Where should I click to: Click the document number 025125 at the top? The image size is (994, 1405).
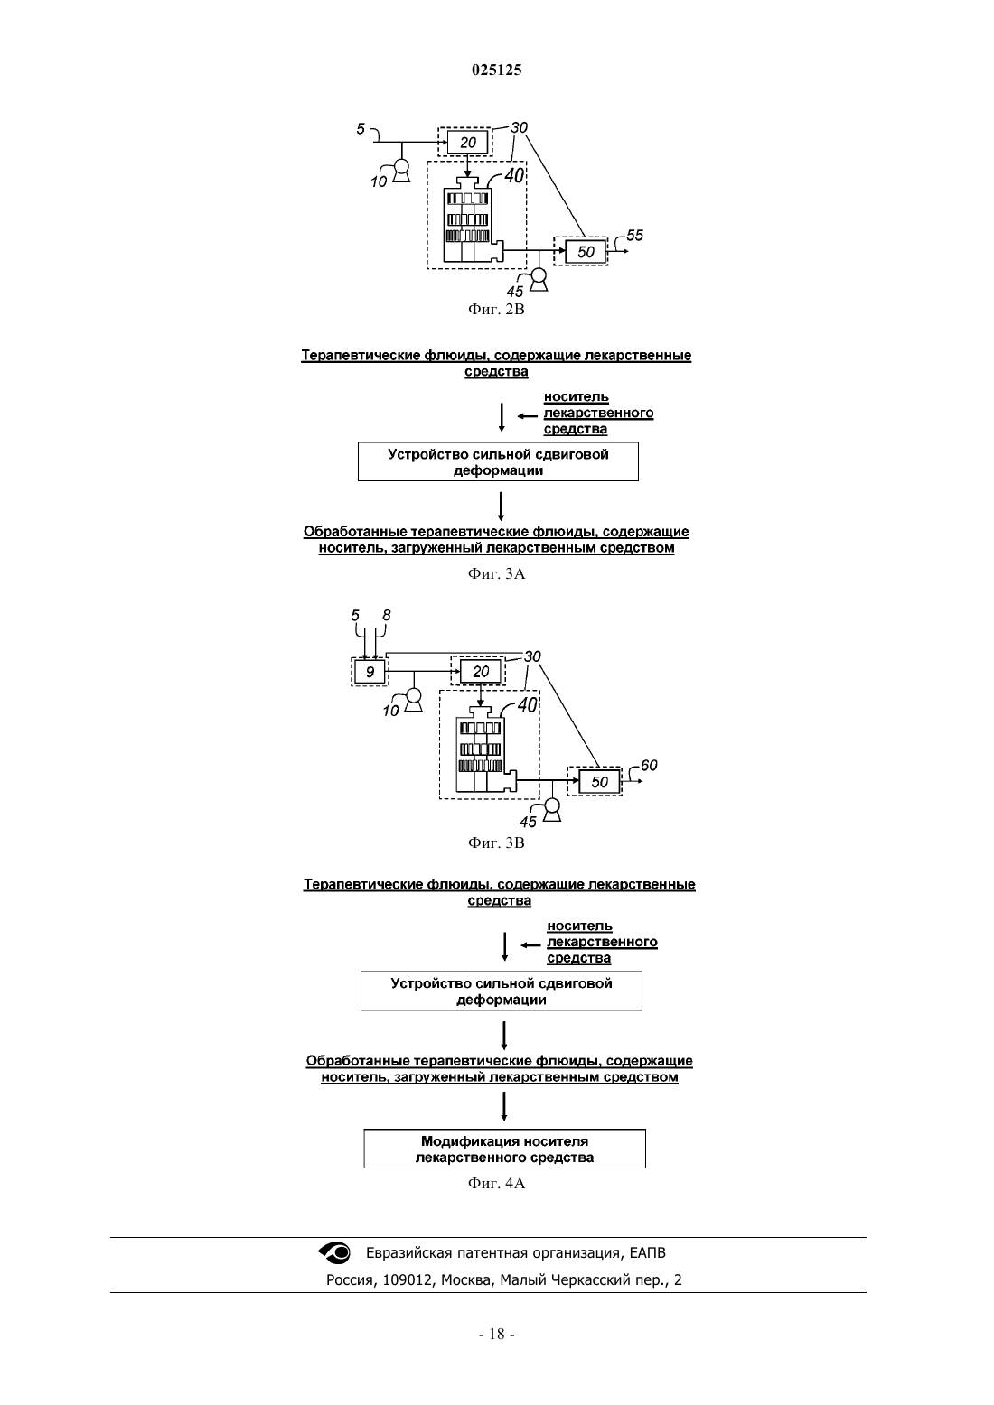(496, 70)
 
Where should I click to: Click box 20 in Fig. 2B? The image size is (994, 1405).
(467, 143)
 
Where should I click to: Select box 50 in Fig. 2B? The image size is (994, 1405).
(585, 252)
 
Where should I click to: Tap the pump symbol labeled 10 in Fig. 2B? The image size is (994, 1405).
(401, 171)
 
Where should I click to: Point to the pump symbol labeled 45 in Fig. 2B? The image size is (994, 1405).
(539, 280)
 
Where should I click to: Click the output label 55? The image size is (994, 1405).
(634, 235)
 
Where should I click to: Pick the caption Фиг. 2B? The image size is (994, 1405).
(496, 309)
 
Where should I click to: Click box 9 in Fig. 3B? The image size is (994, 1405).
(370, 672)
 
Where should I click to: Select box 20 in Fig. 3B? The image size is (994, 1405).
(481, 672)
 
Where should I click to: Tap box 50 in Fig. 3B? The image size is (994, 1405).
(599, 782)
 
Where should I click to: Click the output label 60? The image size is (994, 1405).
(649, 765)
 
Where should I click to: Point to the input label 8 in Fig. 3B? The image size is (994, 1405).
(387, 615)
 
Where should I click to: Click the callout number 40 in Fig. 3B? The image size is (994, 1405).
(528, 705)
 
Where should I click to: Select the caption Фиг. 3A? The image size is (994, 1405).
(496, 573)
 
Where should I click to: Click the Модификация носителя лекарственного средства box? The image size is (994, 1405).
(504, 1149)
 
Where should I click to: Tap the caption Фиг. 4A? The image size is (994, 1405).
(496, 1183)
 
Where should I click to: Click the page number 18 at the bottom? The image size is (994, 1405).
(496, 1335)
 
